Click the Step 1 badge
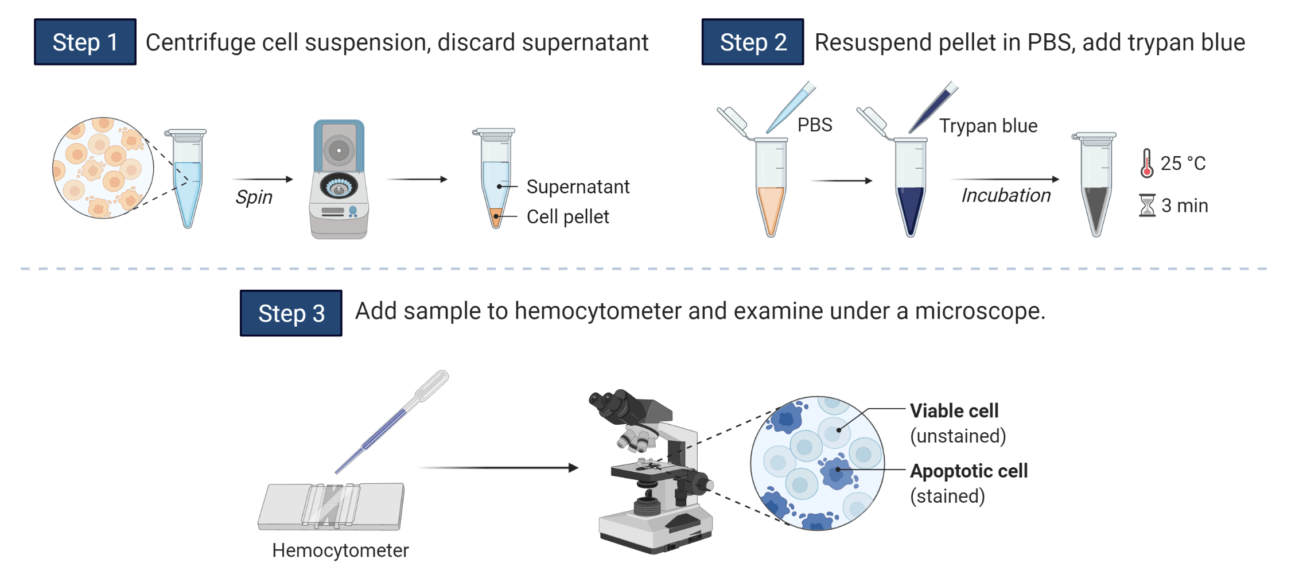(x=85, y=42)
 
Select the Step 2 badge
(x=752, y=42)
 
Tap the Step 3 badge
(x=291, y=313)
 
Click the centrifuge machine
(x=339, y=180)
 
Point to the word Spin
(x=254, y=197)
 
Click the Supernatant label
(x=578, y=187)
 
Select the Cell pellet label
(x=567, y=216)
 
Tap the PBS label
(x=815, y=125)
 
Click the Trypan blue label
(x=988, y=126)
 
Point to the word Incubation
(x=1006, y=195)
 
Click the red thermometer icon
(x=1146, y=163)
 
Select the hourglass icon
(x=1147, y=205)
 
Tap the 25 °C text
(x=1183, y=164)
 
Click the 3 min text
(x=1185, y=205)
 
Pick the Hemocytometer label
(x=340, y=550)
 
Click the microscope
(x=654, y=471)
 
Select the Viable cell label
(x=954, y=411)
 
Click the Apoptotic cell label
(x=969, y=471)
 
